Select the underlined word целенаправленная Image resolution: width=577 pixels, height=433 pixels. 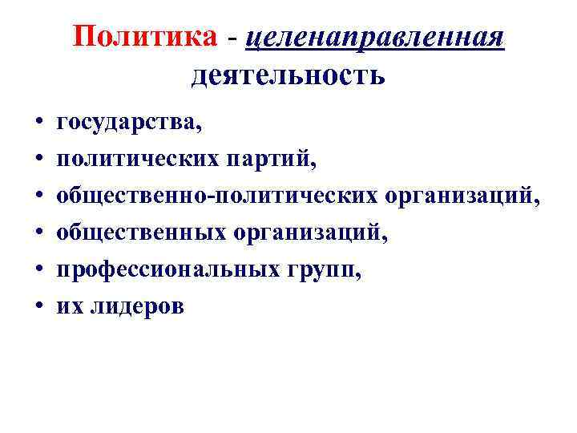pyautogui.click(x=377, y=37)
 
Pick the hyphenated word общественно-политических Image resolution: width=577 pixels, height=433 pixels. pyautogui.click(x=216, y=197)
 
